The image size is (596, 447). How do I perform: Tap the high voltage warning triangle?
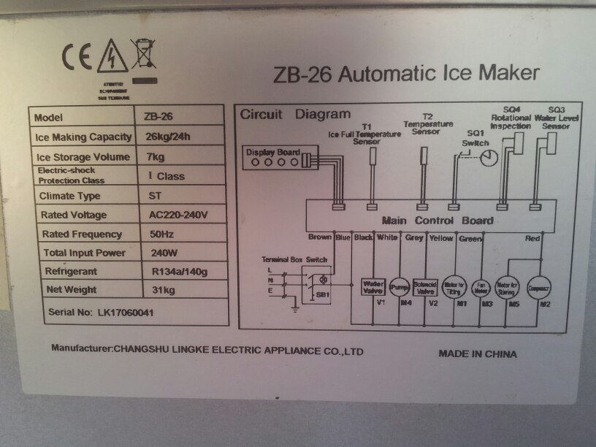click(x=113, y=57)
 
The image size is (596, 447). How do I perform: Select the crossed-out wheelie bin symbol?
click(x=143, y=56)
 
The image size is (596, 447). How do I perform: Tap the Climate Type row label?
click(x=70, y=196)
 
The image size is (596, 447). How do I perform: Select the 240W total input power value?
click(x=162, y=253)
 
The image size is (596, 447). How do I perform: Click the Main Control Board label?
click(x=437, y=221)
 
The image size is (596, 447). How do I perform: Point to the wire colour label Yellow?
click(x=441, y=237)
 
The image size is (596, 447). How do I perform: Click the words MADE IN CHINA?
click(x=478, y=354)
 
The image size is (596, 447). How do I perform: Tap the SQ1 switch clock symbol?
click(x=488, y=157)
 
